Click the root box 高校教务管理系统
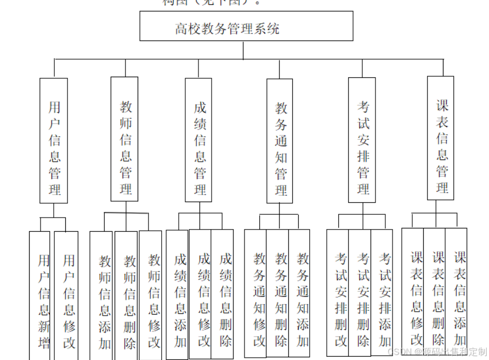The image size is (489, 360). click(246, 26)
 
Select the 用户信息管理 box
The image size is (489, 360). click(54, 141)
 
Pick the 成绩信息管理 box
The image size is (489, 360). click(198, 140)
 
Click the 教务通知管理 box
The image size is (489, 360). click(280, 141)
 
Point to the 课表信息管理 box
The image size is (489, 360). click(441, 138)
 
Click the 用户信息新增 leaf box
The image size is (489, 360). click(40, 296)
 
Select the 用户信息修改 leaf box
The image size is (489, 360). click(66, 296)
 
